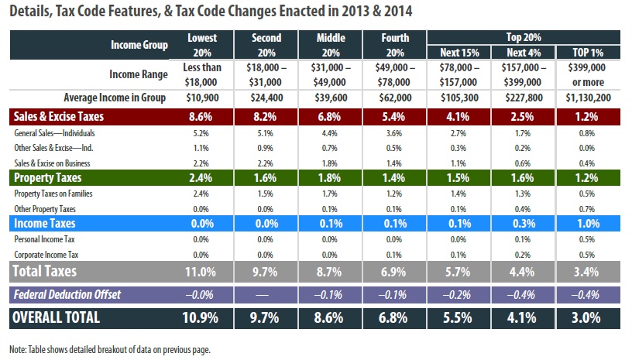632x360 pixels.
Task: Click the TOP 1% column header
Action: [x=588, y=51]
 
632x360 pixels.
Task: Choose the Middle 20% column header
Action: [x=331, y=45]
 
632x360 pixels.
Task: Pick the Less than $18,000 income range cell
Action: [x=202, y=74]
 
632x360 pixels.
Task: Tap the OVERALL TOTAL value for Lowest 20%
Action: [x=202, y=318]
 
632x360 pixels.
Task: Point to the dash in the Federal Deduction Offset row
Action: [x=266, y=293]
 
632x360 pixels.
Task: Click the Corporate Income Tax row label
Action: [x=45, y=253]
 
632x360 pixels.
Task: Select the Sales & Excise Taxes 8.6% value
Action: [x=202, y=118]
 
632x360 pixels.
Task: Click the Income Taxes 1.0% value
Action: [x=588, y=223]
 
